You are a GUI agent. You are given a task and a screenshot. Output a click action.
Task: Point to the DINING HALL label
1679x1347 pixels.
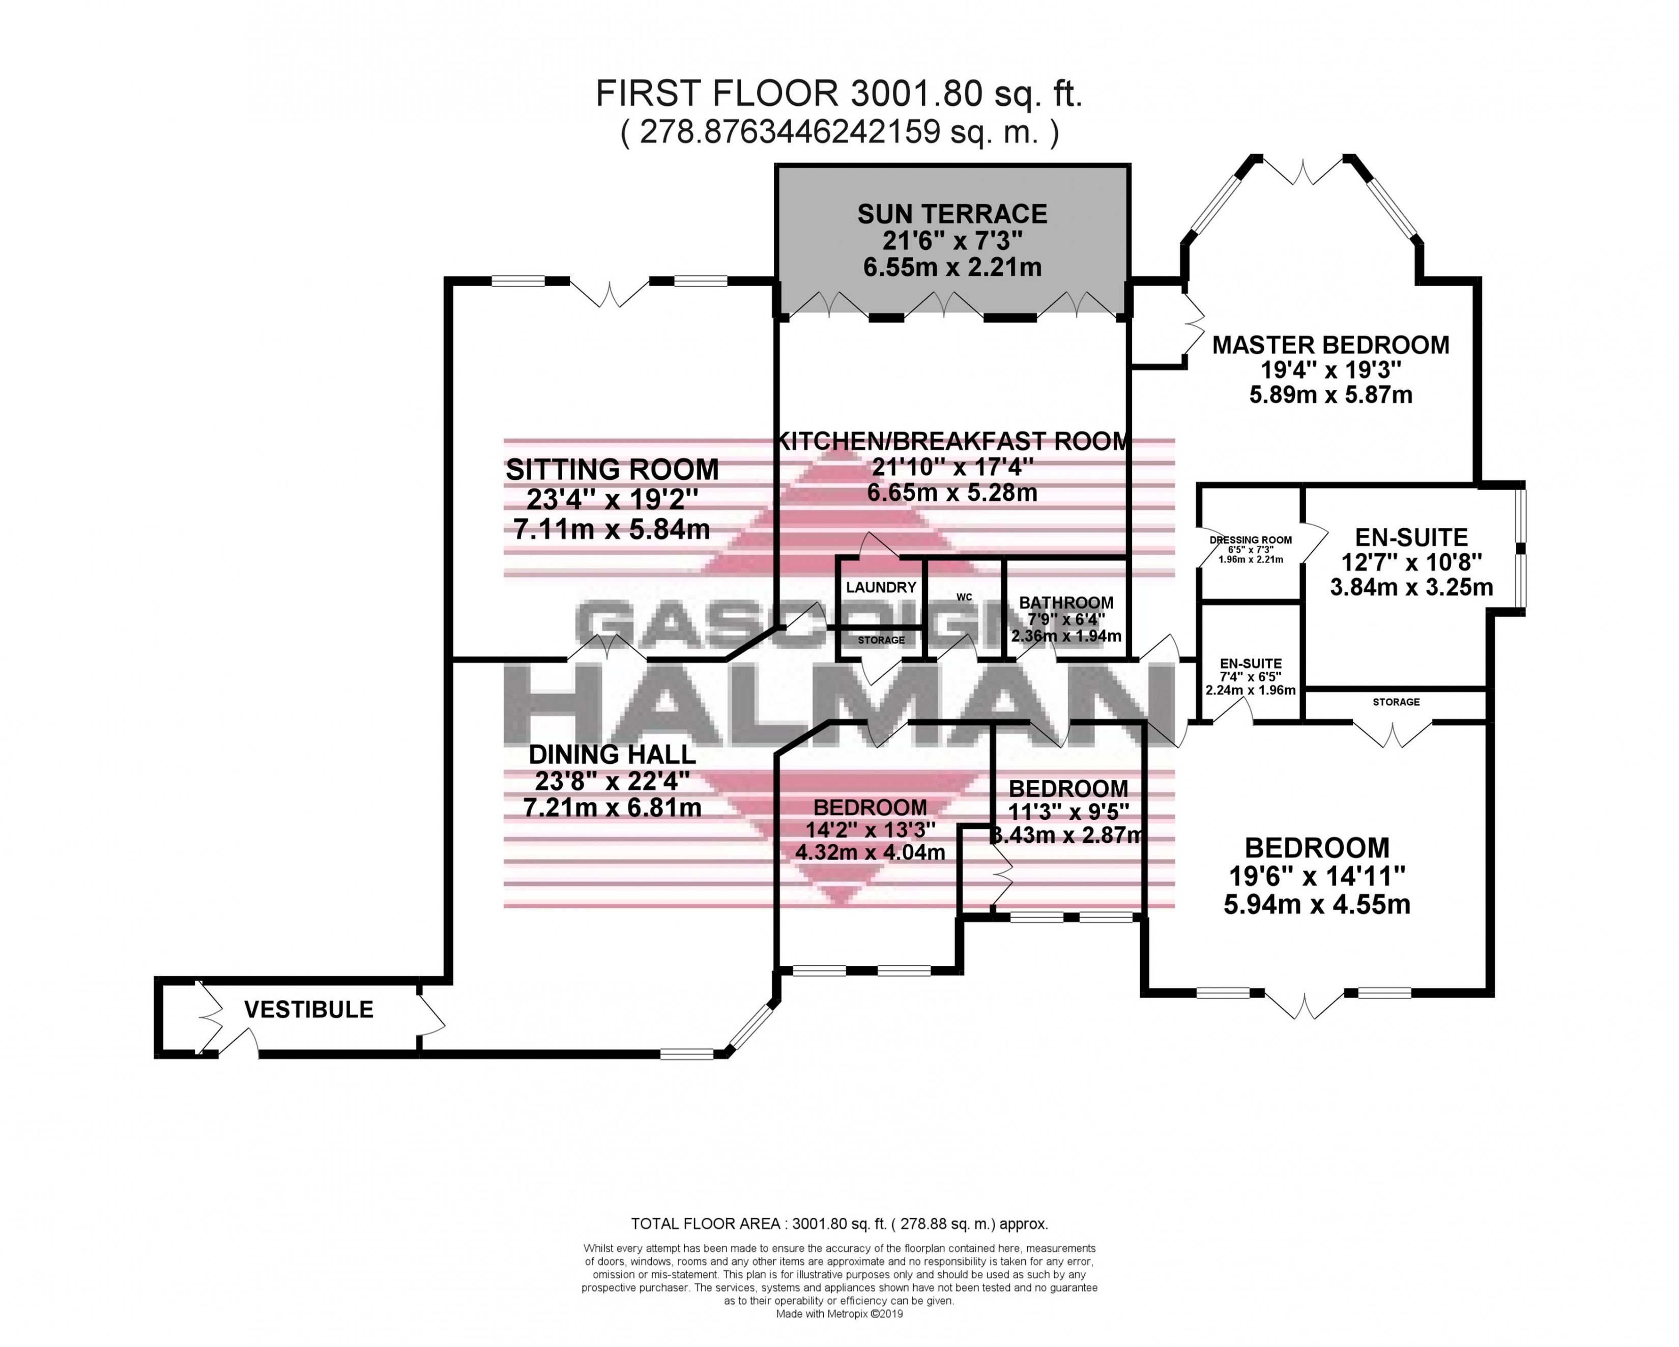pos(612,754)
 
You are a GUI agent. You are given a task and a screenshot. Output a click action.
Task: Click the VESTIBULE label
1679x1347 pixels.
pos(308,1010)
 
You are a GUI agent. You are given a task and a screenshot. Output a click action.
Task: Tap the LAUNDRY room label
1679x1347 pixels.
pos(881,587)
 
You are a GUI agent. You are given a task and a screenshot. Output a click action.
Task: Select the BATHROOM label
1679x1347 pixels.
pos(1066,602)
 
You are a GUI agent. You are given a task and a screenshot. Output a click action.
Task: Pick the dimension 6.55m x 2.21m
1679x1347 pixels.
pos(951,267)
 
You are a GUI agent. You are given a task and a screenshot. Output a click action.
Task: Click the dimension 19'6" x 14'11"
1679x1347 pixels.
pos(1317,876)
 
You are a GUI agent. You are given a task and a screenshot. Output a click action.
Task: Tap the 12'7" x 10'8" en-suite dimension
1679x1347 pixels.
pos(1411,562)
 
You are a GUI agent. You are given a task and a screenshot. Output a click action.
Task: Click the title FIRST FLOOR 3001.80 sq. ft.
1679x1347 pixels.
pos(838,94)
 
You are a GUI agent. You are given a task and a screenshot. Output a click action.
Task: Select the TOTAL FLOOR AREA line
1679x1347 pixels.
pos(838,1224)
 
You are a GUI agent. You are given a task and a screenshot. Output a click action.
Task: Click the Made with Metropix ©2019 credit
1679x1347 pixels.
pos(838,1313)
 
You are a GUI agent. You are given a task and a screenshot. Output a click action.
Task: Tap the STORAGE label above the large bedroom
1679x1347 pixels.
pos(1396,702)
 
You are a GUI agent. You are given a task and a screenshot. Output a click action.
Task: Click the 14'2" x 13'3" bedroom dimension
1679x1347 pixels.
pos(870,829)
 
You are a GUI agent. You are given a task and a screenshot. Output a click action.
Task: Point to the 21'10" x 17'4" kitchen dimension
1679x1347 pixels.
pos(951,468)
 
